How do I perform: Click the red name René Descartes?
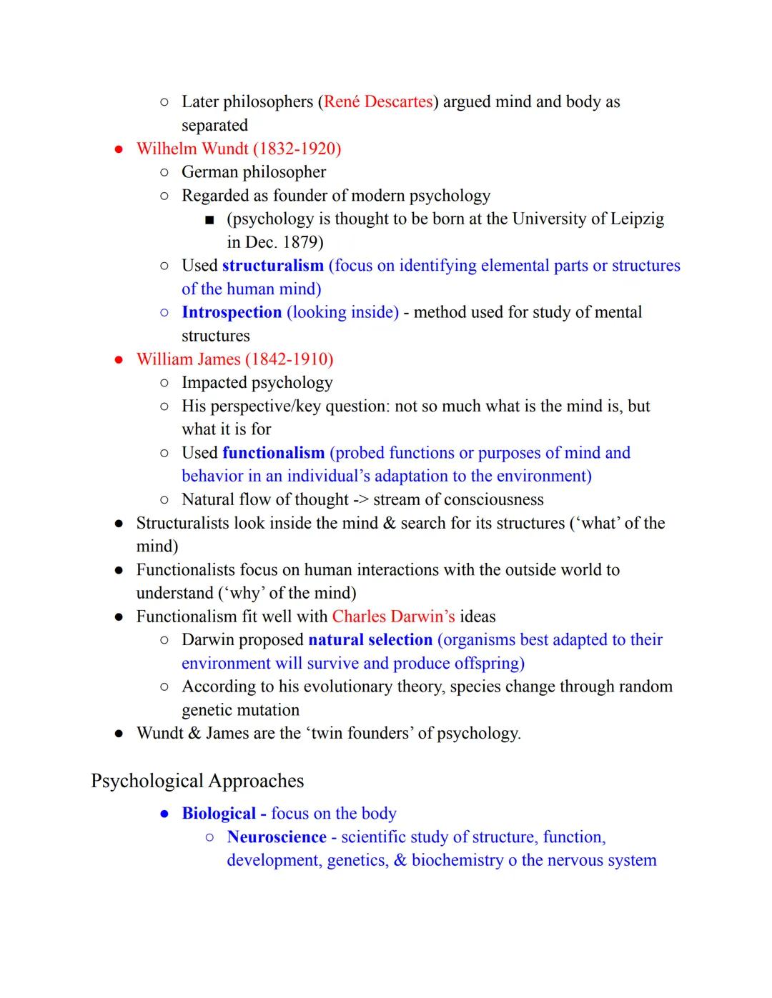tap(378, 102)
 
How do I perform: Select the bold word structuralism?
tap(273, 266)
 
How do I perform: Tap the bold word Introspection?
tap(232, 312)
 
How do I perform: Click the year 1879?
tap(296, 242)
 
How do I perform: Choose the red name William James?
tap(188, 359)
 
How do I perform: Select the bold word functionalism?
tap(273, 453)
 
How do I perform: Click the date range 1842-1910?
tap(289, 359)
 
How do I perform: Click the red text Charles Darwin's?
tap(393, 617)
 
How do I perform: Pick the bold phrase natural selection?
tap(370, 640)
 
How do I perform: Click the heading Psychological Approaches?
tap(197, 781)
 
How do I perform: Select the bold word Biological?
tap(219, 814)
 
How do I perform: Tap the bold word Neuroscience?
tap(277, 837)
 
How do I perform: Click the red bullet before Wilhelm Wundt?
tap(119, 149)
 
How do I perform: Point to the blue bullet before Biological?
tap(164, 814)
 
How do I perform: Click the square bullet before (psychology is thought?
tap(209, 219)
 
